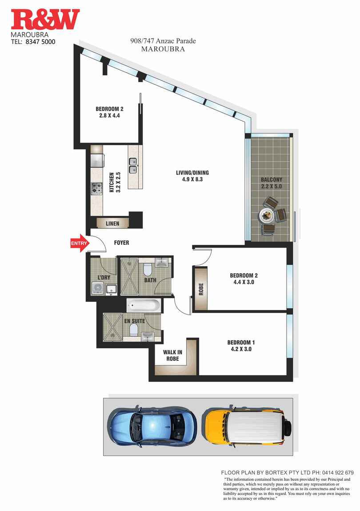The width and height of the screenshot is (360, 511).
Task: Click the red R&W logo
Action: pyautogui.click(x=45, y=20)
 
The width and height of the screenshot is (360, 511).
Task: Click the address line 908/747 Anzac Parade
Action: pyautogui.click(x=163, y=41)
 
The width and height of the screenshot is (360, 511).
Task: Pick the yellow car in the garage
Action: pyautogui.click(x=247, y=426)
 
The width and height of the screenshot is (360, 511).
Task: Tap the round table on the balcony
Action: pyautogui.click(x=267, y=216)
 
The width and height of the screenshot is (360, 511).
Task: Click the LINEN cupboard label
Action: pyautogui.click(x=112, y=224)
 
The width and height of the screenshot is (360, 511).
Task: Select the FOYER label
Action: pyautogui.click(x=121, y=243)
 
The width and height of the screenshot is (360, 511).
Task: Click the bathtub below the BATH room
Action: pyautogui.click(x=143, y=305)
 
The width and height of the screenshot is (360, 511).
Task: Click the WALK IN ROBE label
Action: pyautogui.click(x=173, y=355)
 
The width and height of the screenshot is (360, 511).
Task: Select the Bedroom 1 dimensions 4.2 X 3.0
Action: pyautogui.click(x=241, y=349)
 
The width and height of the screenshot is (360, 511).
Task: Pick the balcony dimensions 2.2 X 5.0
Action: pyautogui.click(x=272, y=186)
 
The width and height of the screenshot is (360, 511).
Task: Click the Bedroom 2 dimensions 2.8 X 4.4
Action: pyautogui.click(x=109, y=116)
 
